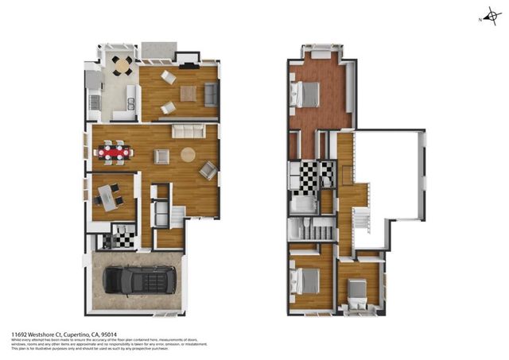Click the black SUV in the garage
[x=137, y=281]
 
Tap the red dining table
[x=113, y=151]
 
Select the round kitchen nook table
[x=121, y=64]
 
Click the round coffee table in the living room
[x=188, y=155]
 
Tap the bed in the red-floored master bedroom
[x=306, y=95]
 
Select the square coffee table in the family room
[x=188, y=93]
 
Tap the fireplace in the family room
[x=188, y=58]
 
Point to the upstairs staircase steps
[x=360, y=218]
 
